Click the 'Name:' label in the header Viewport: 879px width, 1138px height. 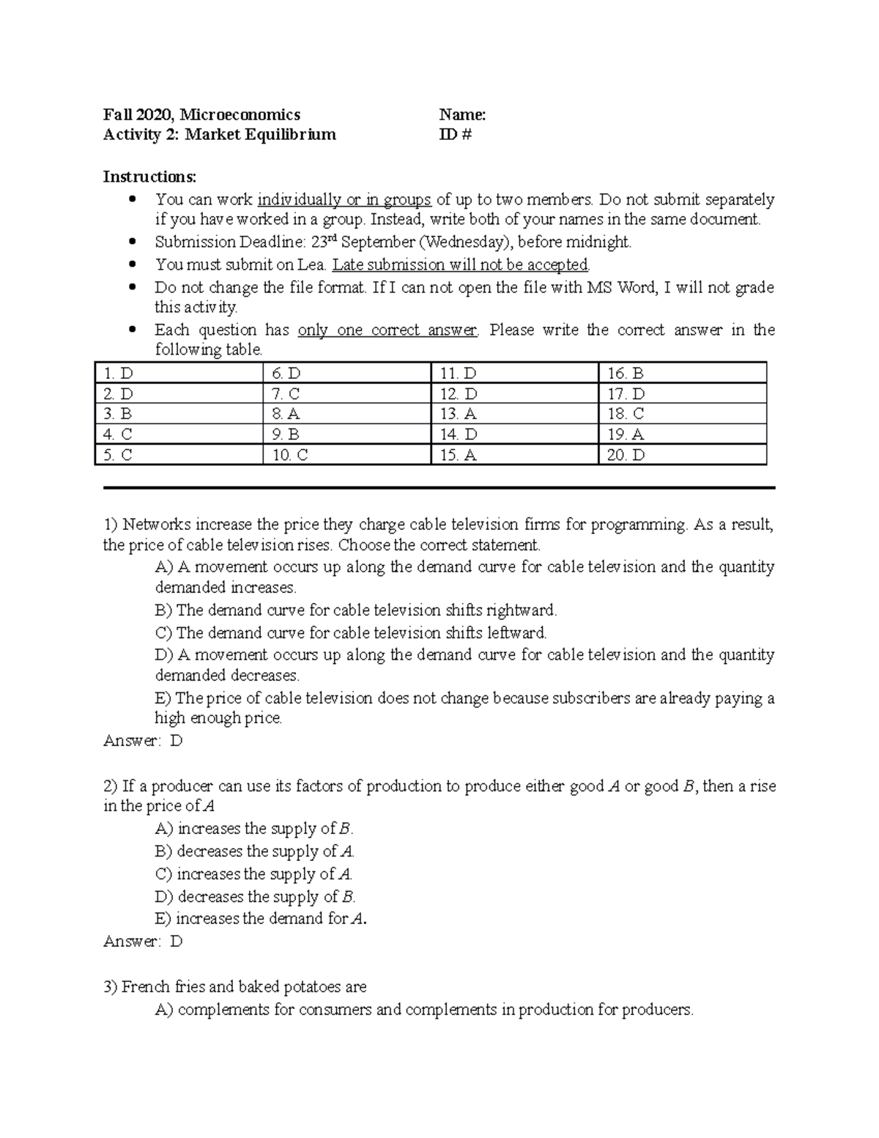462,114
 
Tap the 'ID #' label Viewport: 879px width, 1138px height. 455,134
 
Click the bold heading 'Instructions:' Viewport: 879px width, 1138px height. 149,177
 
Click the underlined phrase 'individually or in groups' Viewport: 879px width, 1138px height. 344,199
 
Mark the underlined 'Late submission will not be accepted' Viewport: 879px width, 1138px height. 461,265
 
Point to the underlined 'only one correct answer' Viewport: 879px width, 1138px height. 387,330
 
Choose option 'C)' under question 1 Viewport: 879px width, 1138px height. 163,632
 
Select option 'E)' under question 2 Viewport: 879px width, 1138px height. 163,919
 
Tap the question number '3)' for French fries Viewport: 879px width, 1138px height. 111,987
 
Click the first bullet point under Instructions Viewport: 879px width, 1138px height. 133,199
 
